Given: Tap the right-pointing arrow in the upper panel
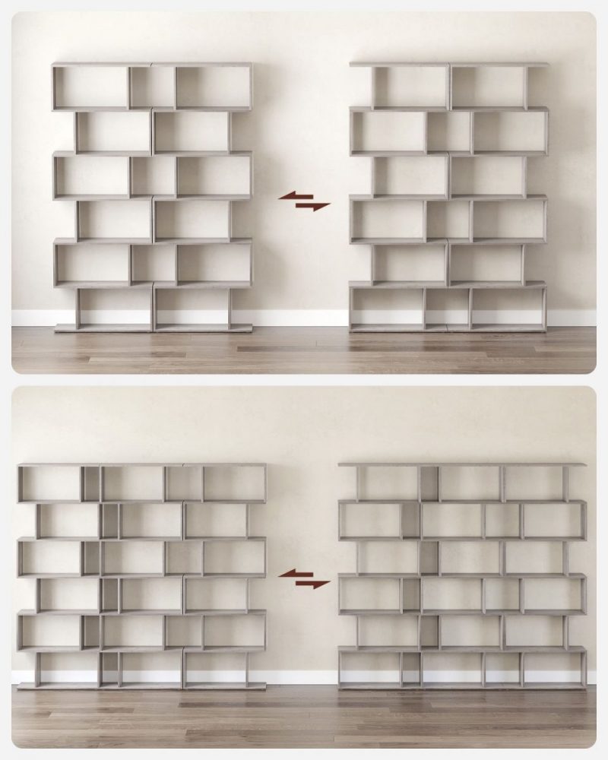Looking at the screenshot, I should click(313, 206).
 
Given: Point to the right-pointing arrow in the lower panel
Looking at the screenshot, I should click(313, 584).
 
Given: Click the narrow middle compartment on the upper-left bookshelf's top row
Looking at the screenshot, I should click(152, 87).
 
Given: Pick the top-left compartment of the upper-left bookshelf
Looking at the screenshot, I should click(91, 87).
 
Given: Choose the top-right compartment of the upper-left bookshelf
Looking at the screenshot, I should click(213, 87).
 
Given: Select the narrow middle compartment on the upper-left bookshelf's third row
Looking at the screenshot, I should click(153, 176).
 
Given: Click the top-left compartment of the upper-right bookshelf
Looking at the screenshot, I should click(410, 87).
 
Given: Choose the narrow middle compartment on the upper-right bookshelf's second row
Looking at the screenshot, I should click(448, 131).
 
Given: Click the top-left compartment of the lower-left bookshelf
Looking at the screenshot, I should click(49, 483).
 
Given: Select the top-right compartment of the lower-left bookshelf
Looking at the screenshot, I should click(233, 483).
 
